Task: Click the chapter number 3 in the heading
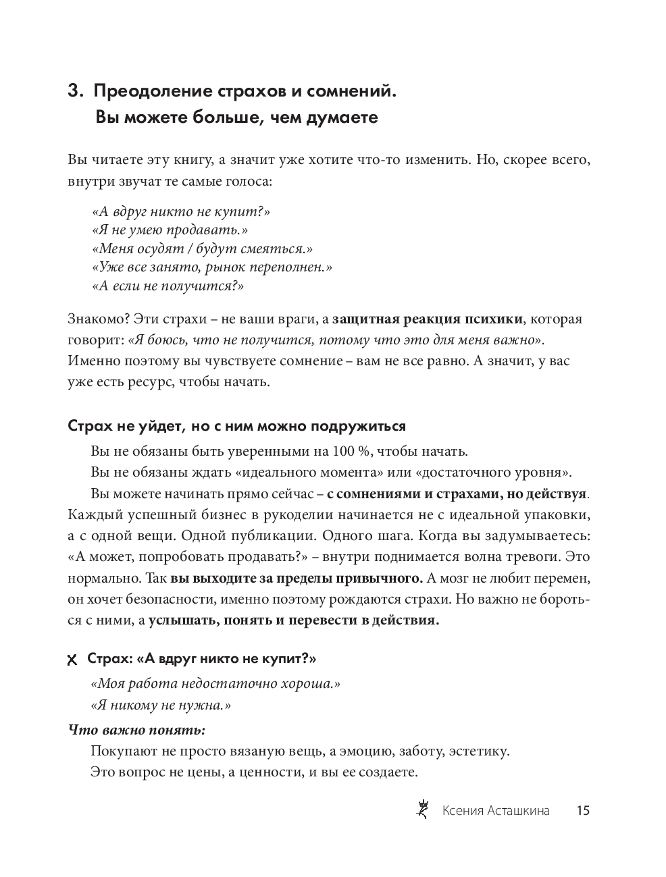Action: (x=74, y=91)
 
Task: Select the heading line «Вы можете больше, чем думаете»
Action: (x=236, y=118)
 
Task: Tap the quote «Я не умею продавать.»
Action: (x=169, y=230)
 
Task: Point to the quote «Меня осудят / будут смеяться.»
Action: (x=202, y=248)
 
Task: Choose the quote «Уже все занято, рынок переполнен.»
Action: (x=211, y=267)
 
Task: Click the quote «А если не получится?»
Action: (x=167, y=286)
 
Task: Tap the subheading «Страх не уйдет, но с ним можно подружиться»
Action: (x=237, y=426)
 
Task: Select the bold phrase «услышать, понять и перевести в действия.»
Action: (x=294, y=620)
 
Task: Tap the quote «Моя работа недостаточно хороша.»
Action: (x=215, y=684)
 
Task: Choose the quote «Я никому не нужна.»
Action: (x=160, y=705)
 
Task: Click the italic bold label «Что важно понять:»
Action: (x=136, y=730)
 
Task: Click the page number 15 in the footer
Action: (x=583, y=811)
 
